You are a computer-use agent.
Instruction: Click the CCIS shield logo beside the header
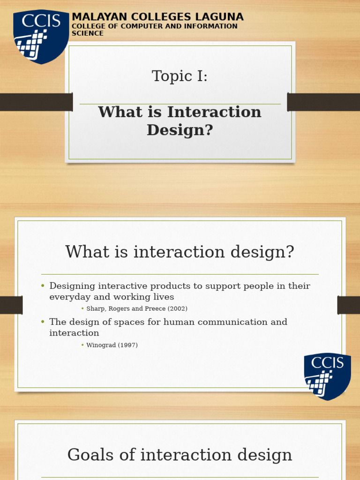click(40, 37)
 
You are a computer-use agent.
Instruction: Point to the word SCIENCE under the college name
click(88, 34)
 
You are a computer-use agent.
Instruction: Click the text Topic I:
click(180, 76)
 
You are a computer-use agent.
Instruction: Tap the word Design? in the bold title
click(180, 130)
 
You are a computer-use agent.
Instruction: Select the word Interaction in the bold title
click(214, 112)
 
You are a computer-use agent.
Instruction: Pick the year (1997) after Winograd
click(127, 345)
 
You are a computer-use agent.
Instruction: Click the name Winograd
click(102, 345)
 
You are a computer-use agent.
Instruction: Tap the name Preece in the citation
click(155, 309)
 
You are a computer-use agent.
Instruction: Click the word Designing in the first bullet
click(72, 286)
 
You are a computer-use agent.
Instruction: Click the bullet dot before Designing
click(42, 286)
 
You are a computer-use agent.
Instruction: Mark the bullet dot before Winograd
click(82, 345)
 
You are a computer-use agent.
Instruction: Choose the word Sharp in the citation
click(96, 309)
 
